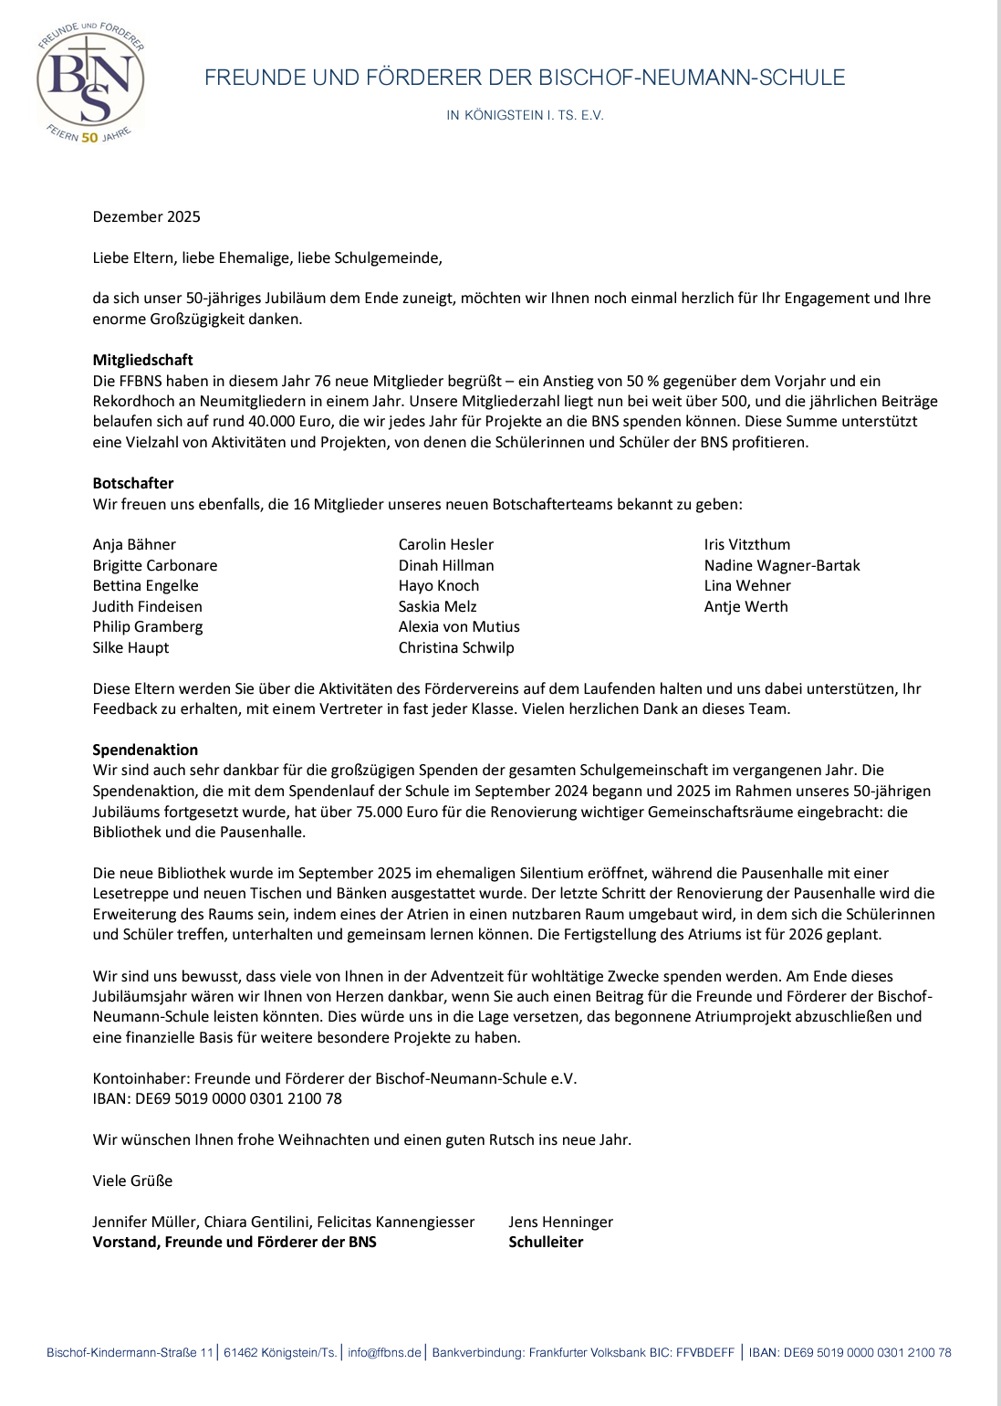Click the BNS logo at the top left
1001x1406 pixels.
(90, 83)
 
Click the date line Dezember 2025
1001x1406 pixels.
(146, 216)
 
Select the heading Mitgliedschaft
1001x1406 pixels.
(142, 360)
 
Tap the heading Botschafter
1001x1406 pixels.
(133, 483)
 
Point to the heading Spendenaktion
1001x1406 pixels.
(145, 750)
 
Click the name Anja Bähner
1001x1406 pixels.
(134, 544)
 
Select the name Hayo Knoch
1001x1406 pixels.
(439, 585)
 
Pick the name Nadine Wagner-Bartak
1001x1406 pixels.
(782, 565)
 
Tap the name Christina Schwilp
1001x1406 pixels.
(456, 647)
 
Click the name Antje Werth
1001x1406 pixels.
(746, 606)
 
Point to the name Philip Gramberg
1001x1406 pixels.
(148, 626)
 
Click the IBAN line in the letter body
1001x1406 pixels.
(217, 1098)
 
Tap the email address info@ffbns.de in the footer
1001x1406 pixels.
(384, 1352)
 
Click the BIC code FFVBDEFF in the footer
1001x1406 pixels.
(705, 1352)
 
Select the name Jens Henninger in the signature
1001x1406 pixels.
(560, 1222)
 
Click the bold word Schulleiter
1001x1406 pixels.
(546, 1242)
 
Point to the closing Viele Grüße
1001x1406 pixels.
(132, 1180)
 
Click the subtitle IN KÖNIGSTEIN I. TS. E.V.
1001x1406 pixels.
(525, 115)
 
